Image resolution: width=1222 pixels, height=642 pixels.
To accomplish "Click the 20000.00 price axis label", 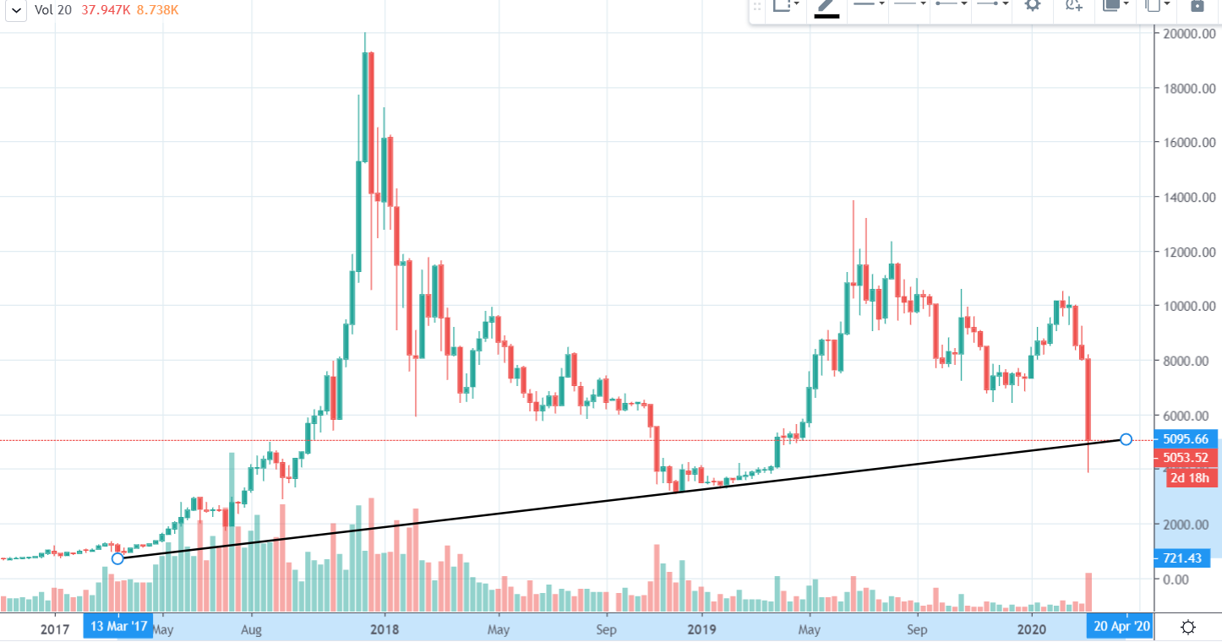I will tap(1187, 34).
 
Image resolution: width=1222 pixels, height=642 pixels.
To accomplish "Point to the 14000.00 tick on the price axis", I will tap(1187, 198).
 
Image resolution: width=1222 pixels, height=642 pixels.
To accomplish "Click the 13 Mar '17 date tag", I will tap(118, 628).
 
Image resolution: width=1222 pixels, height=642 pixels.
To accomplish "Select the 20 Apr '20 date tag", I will tap(1121, 628).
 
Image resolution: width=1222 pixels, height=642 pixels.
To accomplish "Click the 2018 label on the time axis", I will tap(385, 629).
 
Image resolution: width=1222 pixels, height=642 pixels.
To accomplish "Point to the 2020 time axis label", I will tap(1032, 629).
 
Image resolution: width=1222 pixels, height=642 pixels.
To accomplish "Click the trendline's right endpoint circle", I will tap(1125, 439).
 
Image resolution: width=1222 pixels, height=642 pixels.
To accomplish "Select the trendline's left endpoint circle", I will tap(117, 558).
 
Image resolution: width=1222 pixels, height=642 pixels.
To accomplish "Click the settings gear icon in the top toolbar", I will tap(1032, 5).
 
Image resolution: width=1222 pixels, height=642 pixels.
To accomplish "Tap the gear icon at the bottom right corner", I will tap(1187, 628).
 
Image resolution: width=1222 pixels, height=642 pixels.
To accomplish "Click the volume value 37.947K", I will tap(104, 10).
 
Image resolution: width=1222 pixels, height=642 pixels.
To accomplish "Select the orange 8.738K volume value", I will tap(158, 10).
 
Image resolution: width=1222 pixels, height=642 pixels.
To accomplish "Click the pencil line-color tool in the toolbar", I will tap(826, 7).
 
